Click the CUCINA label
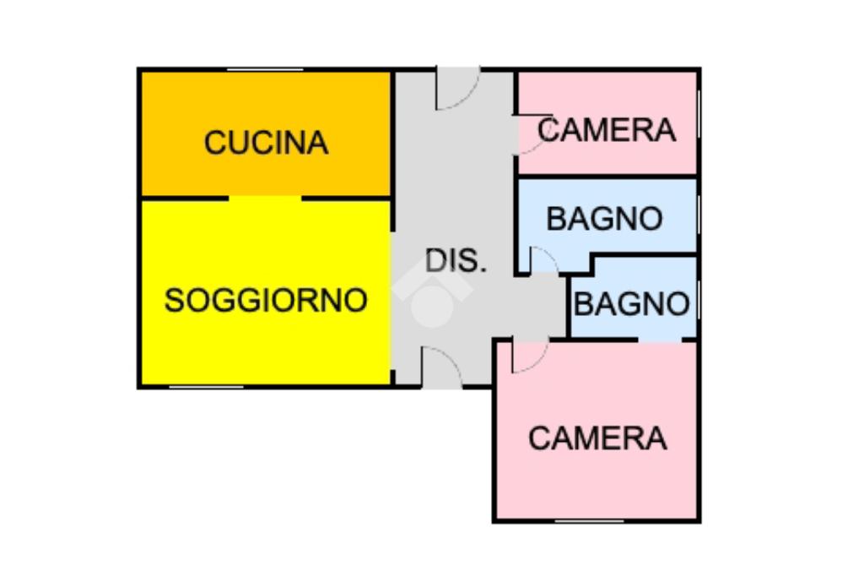coord(266,142)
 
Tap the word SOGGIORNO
coord(266,300)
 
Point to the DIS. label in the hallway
coord(456,260)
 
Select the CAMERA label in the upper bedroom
coord(607,130)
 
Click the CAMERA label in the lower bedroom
coord(597,438)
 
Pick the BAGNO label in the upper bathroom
coord(604,219)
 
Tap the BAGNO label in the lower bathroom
coord(631,303)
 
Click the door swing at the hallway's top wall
coord(456,90)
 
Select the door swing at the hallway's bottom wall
coord(441,367)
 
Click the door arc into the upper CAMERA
coord(532,135)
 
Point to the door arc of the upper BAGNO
coord(543,261)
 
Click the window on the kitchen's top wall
coord(265,69)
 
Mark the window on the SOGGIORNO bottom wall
coord(207,387)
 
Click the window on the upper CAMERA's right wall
coord(699,122)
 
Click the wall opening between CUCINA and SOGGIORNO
coord(265,199)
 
